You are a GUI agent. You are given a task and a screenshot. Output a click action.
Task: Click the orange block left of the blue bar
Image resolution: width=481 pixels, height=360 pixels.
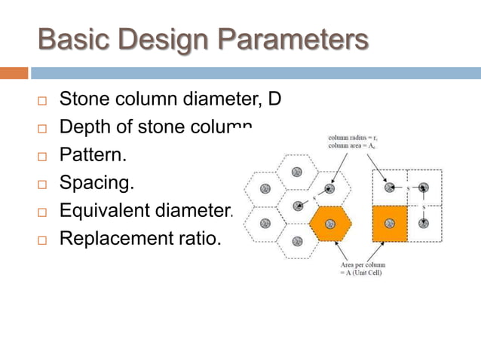tap(14, 73)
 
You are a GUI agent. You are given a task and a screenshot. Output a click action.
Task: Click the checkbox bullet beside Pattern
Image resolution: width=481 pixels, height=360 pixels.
tap(42, 157)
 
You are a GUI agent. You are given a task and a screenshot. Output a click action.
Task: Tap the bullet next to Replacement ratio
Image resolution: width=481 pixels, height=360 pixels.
tap(42, 240)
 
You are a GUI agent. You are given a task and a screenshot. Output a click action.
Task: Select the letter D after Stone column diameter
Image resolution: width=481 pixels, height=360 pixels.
tap(274, 99)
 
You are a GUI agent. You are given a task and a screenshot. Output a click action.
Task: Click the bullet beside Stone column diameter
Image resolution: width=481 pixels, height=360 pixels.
tap(42, 100)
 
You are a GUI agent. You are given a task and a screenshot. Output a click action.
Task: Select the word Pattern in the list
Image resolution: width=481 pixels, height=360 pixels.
tap(91, 156)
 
